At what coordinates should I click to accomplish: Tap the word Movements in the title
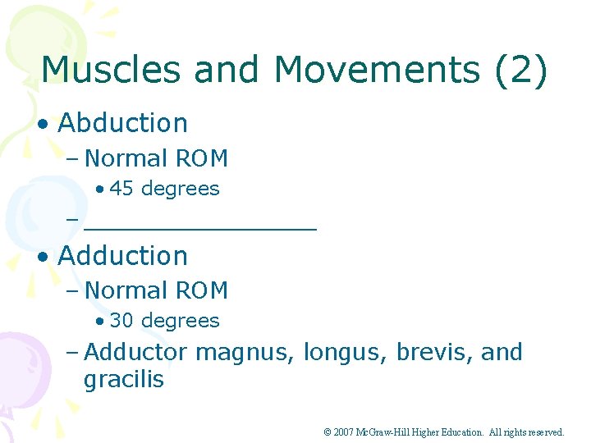[x=377, y=70]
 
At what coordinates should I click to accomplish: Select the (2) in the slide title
[x=520, y=70]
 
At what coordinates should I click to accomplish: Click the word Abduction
[x=123, y=123]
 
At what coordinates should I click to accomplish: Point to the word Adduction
[x=123, y=256]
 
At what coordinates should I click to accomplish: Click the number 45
[x=121, y=189]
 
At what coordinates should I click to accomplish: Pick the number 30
[x=121, y=321]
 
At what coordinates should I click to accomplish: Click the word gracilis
[x=124, y=380]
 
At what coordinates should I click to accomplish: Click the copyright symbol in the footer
[x=327, y=432]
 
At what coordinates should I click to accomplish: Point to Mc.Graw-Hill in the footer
[x=386, y=432]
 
